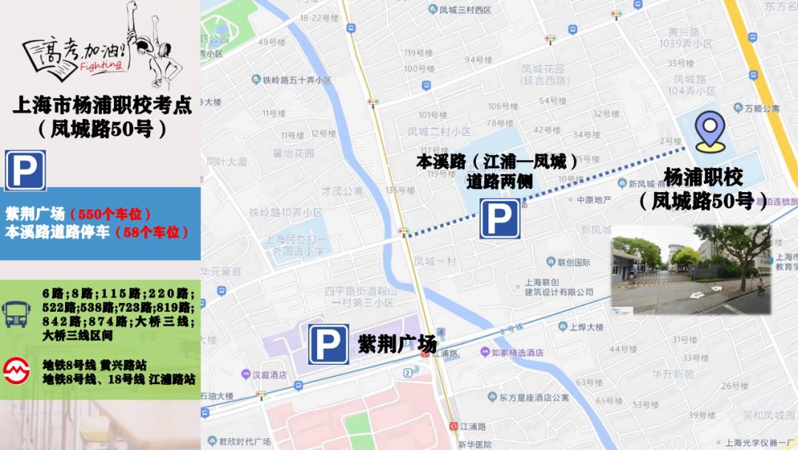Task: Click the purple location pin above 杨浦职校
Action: (710, 131)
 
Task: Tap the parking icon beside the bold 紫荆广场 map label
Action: (328, 344)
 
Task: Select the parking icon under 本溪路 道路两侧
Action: (499, 219)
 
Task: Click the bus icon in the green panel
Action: (16, 313)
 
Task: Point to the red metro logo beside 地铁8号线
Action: (16, 372)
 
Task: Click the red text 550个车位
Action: (110, 214)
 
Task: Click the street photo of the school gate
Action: (691, 269)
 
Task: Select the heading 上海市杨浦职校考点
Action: (101, 105)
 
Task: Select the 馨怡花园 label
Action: (293, 154)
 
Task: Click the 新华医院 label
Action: (474, 444)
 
